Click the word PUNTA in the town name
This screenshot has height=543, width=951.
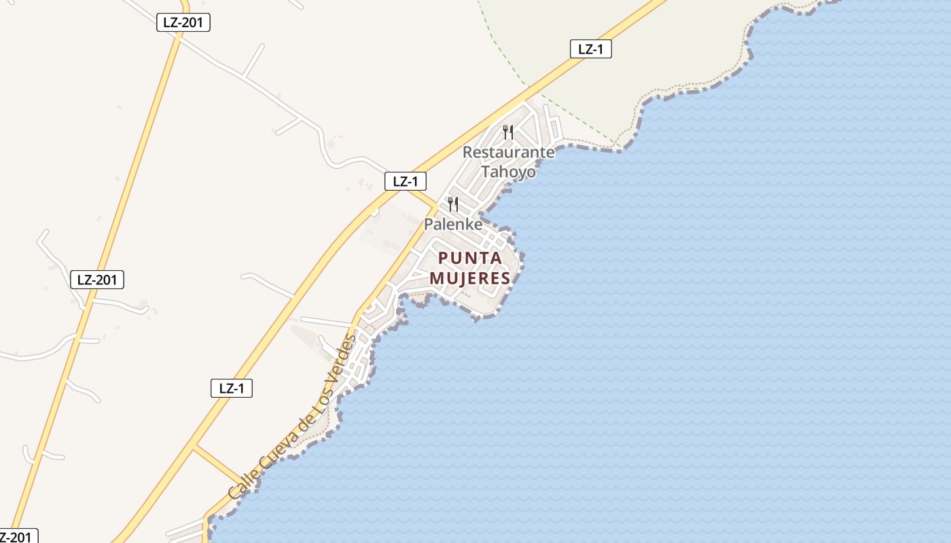pos(470,258)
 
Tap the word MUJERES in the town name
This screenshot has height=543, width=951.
pos(469,278)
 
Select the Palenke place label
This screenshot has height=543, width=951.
pos(453,224)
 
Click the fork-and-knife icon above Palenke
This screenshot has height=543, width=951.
pos(452,204)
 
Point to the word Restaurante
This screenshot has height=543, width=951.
pos(508,152)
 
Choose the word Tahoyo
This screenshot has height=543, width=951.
pos(508,172)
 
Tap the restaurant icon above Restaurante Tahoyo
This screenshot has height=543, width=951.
pos(508,132)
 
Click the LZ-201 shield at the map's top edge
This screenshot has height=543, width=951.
pos(183,22)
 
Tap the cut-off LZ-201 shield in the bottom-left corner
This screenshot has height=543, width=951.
pos(16,536)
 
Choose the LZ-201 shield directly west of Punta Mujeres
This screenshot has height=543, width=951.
pos(97,279)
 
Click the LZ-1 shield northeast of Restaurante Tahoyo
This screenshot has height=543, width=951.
pos(590,49)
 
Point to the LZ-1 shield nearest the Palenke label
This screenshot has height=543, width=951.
pos(406,181)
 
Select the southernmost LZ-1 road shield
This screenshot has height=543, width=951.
pos(232,388)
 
